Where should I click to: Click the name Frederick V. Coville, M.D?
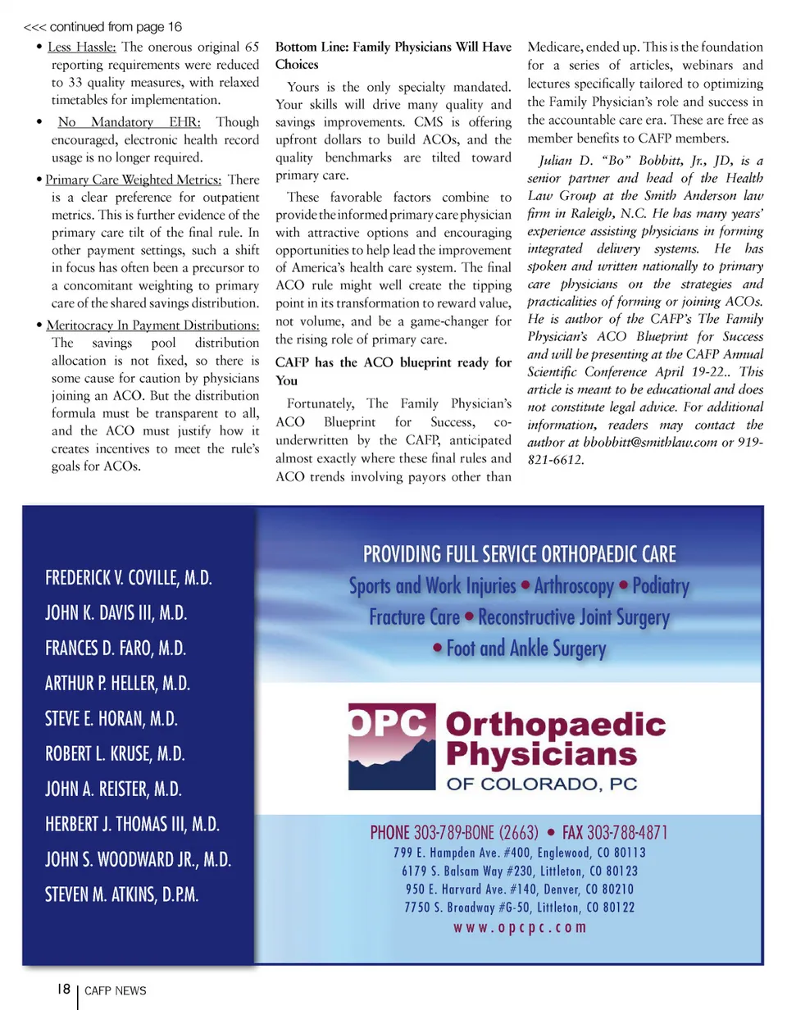[130, 577]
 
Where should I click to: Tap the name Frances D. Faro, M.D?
[116, 648]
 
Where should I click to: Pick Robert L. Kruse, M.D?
[115, 754]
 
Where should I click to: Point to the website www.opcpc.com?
[520, 927]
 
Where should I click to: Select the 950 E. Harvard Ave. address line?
[520, 889]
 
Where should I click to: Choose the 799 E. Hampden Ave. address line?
[520, 853]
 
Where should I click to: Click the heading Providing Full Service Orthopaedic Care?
[520, 555]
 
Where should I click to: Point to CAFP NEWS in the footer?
[116, 990]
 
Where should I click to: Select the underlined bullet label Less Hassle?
[82, 46]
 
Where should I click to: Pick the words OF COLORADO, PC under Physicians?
[541, 784]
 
